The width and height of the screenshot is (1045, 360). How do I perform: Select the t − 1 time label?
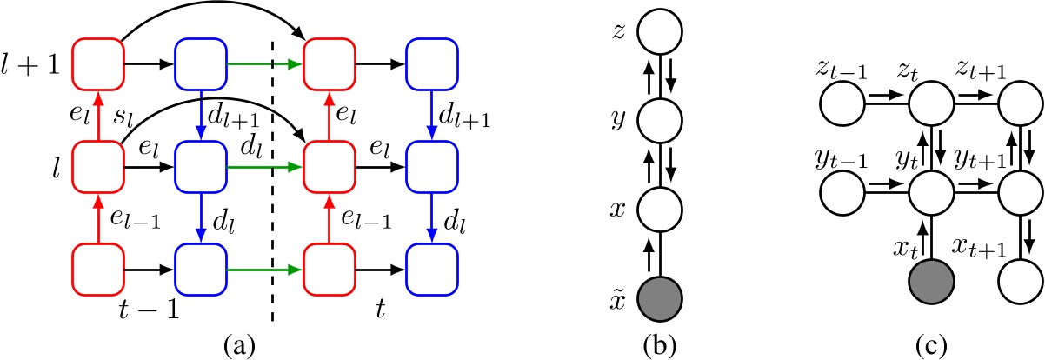(150, 309)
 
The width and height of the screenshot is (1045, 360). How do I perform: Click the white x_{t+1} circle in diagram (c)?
(1021, 283)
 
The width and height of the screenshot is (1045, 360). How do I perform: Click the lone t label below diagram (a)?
(379, 309)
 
